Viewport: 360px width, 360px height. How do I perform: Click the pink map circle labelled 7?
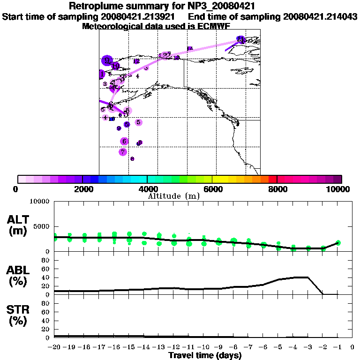coord(123,152)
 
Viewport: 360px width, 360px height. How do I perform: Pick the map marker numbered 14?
coord(190,48)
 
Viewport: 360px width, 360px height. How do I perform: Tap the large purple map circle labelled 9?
coord(107,60)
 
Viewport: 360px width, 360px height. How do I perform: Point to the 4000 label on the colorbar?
coord(147,189)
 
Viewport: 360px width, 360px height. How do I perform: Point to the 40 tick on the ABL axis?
coord(45,277)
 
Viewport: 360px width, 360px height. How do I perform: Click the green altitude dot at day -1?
coord(338,242)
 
